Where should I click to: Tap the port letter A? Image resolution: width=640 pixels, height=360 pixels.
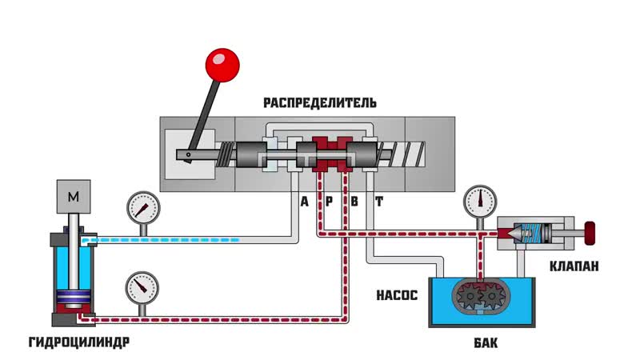click(304, 202)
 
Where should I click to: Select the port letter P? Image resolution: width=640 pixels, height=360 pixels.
click(328, 202)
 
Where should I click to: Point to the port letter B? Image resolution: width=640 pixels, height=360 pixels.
click(354, 202)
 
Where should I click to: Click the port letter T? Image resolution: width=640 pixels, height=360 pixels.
click(379, 202)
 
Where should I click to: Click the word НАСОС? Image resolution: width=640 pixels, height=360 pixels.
click(397, 294)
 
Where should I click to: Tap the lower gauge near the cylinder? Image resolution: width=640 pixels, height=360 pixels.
click(142, 286)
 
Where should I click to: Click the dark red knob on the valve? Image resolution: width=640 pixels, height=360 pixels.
click(591, 233)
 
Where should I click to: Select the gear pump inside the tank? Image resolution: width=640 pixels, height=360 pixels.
click(478, 298)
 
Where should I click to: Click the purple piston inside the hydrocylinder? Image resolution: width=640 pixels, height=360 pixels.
click(74, 302)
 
